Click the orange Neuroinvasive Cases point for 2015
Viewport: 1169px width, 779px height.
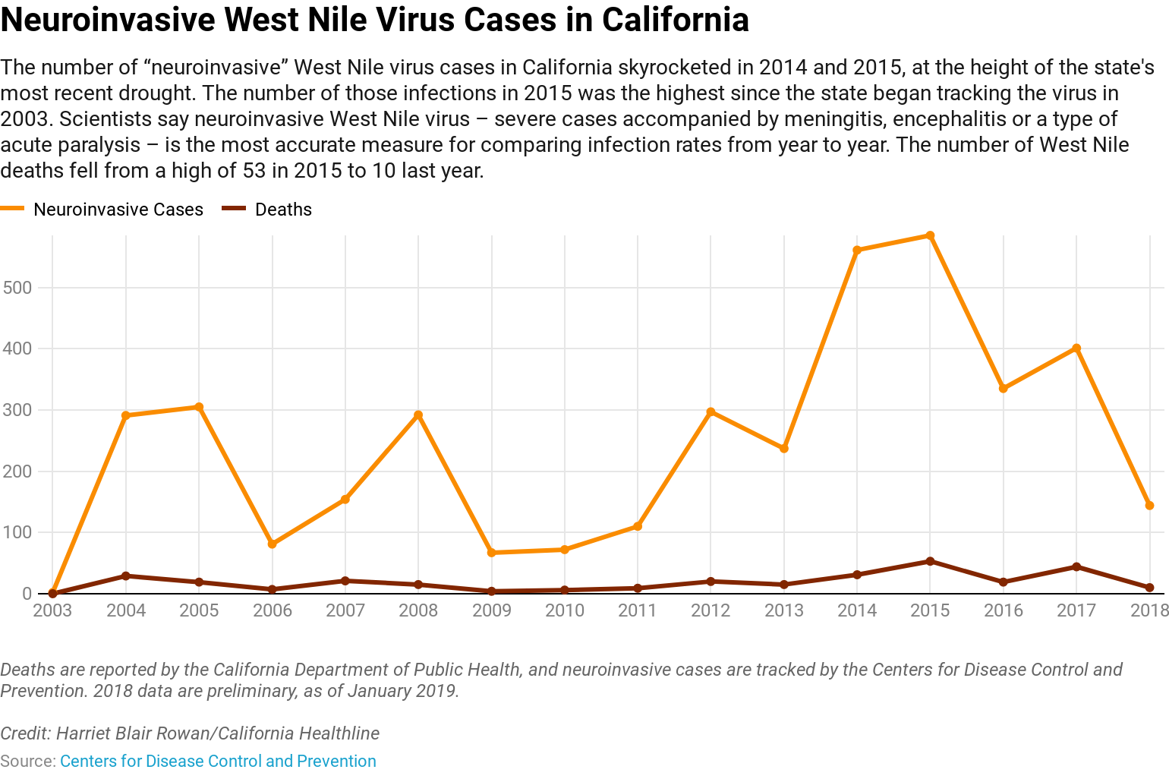[930, 236]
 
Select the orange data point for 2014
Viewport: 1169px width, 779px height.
[857, 251]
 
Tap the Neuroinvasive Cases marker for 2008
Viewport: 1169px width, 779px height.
[418, 415]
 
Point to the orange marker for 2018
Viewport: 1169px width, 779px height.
[1149, 506]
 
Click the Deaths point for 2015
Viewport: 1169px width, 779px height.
[930, 562]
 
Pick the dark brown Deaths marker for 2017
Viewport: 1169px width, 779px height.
[1076, 567]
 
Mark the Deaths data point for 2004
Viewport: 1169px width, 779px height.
[126, 576]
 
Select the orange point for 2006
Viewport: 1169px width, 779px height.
[273, 544]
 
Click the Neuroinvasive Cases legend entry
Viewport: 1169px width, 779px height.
[118, 210]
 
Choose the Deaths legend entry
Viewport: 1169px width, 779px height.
[282, 210]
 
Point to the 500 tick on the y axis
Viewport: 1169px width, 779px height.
[17, 288]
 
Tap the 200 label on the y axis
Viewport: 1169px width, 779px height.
[17, 471]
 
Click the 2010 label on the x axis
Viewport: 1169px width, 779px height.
[565, 610]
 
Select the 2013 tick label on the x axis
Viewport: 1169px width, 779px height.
[784, 610]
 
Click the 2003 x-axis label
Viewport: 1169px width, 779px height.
[52, 610]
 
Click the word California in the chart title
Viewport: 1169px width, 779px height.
[675, 20]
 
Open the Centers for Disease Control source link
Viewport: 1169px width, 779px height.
[218, 762]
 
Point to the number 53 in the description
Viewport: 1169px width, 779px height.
[254, 171]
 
